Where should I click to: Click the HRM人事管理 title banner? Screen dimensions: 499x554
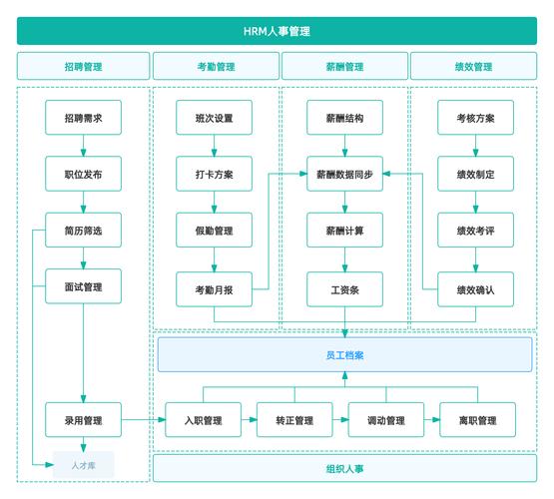click(277, 31)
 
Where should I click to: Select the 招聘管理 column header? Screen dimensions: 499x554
click(83, 67)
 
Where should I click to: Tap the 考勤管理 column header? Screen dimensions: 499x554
click(216, 67)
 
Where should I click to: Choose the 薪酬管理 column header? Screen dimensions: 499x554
click(345, 67)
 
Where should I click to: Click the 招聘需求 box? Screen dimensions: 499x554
click(83, 118)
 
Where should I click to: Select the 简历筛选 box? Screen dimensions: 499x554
click(83, 231)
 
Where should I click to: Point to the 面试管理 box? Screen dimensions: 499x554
click(83, 287)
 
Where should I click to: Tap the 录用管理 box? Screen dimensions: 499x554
click(83, 420)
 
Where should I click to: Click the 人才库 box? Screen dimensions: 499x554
click(84, 464)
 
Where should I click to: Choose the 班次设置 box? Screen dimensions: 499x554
click(215, 118)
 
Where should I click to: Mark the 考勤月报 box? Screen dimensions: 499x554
click(215, 289)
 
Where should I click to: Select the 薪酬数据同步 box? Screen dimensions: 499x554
click(344, 174)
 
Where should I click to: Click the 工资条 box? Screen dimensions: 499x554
click(344, 289)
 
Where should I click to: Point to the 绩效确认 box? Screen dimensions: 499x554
click(475, 289)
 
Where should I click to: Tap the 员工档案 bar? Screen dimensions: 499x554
click(344, 354)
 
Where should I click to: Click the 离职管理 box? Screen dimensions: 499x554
click(477, 420)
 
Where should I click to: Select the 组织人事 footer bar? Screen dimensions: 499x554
click(344, 468)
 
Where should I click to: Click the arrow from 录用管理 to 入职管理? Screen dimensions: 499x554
click(143, 420)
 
